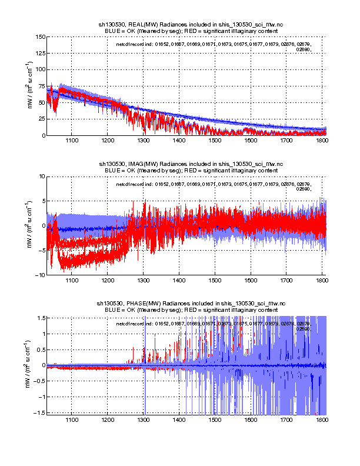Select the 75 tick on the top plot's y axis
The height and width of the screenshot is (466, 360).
tap(41, 86)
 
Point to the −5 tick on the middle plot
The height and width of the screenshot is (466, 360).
tap(41, 250)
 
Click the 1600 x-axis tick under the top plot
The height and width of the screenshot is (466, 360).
tap(251, 141)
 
